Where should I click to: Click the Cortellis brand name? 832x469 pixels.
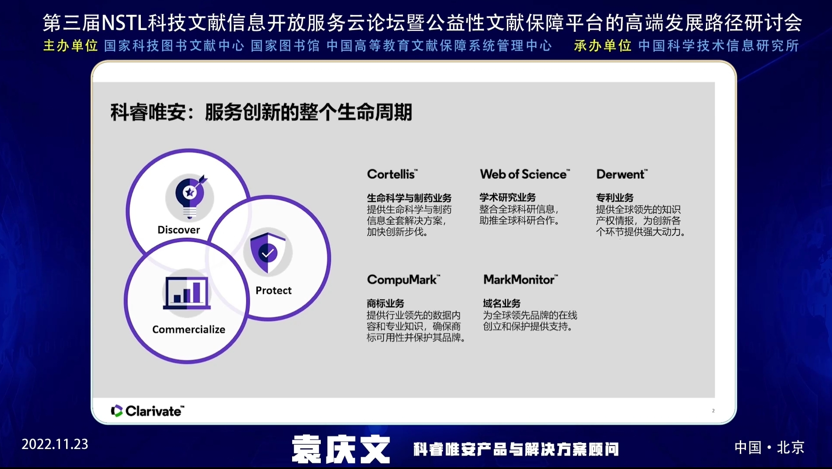coord(392,174)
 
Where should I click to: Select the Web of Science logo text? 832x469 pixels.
coord(525,174)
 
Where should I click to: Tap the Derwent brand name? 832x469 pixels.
coord(622,174)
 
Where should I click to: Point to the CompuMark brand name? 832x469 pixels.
coord(403,280)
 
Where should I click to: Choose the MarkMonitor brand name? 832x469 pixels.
coord(521,279)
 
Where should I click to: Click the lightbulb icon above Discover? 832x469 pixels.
coord(190,197)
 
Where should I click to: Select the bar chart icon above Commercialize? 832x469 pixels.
coord(187,293)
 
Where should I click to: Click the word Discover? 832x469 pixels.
coord(179,230)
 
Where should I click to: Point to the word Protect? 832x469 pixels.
coord(273,291)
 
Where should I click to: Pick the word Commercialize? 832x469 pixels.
coord(189,330)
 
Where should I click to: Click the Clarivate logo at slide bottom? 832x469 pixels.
coord(148,411)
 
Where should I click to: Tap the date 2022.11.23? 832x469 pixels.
coord(55,444)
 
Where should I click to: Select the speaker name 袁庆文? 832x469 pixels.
coord(341,449)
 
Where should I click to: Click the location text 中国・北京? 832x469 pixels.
coord(769,447)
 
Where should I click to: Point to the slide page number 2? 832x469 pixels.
coord(713,410)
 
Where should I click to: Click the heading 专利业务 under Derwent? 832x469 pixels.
coord(615,198)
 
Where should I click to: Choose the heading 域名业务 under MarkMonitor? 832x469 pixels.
coord(502,303)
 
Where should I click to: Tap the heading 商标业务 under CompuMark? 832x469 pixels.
coord(386,303)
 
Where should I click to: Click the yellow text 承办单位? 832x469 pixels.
coord(602,46)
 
